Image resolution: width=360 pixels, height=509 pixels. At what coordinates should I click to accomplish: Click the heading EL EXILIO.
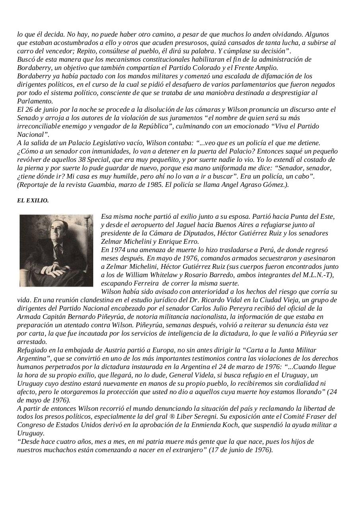click(33, 201)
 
